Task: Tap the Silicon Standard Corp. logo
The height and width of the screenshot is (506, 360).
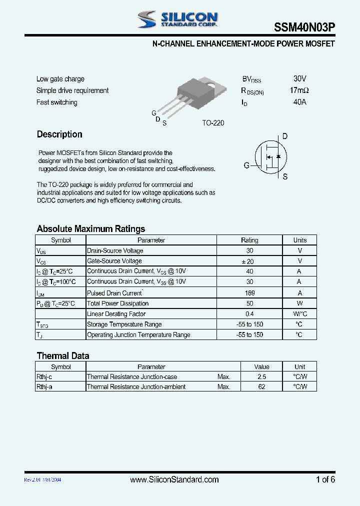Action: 178,20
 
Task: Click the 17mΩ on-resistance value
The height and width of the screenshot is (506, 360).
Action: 299,90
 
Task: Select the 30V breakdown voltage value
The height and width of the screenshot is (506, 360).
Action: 299,79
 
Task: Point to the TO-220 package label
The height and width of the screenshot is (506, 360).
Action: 213,123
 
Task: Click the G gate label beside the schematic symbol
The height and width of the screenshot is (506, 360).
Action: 246,165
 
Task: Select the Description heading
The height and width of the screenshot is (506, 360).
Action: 59,134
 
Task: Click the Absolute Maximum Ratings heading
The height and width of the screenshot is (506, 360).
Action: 90,229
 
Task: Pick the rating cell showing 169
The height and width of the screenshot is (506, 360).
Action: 249,293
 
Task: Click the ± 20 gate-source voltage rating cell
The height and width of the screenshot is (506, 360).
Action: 249,261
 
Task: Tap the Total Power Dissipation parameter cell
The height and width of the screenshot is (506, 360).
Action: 118,303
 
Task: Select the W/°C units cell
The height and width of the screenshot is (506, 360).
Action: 299,314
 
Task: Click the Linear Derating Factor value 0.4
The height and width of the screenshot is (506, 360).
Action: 249,314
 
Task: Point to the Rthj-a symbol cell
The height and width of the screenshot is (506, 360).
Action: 44,386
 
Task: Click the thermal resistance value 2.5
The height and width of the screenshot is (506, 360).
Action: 261,376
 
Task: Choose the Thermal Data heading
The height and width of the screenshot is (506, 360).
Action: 63,356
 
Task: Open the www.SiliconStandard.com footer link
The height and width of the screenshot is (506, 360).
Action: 174,479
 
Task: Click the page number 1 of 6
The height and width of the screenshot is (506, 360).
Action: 325,479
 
